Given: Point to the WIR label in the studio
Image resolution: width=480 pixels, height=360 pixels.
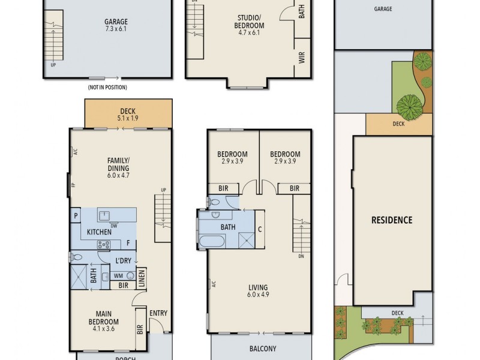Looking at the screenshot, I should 302,58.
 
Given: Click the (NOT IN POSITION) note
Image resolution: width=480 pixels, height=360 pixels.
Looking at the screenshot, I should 107,87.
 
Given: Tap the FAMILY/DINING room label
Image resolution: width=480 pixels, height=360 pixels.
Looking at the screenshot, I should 118,164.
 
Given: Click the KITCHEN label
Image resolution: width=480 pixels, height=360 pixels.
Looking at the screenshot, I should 100,232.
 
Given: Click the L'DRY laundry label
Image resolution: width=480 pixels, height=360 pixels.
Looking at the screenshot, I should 124,260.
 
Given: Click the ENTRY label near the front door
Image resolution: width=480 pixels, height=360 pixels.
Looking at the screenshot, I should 158,313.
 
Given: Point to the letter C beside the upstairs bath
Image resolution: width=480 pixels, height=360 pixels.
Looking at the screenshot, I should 259,228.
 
